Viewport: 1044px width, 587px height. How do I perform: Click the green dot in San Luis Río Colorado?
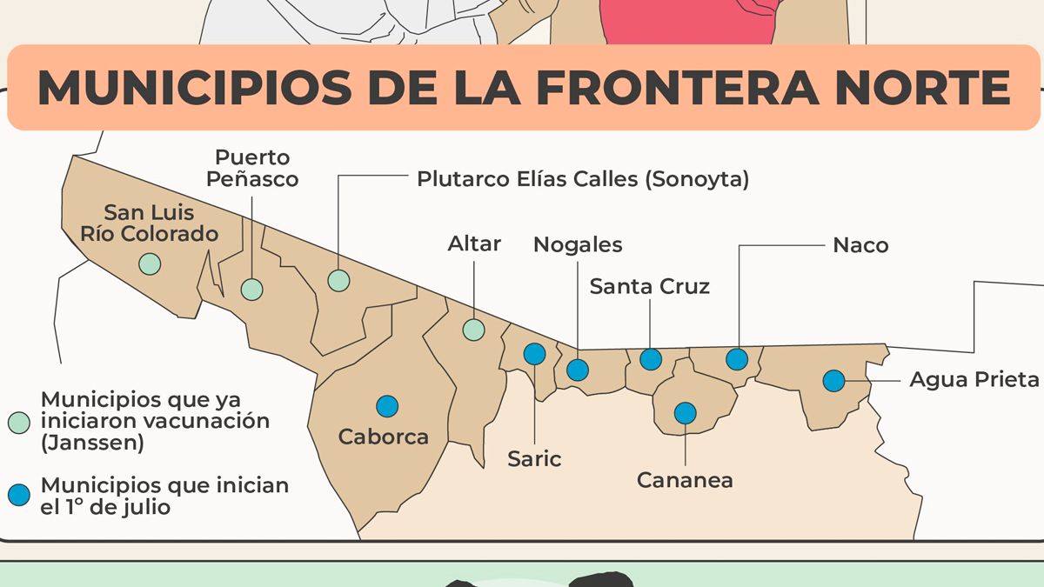pyautogui.click(x=150, y=263)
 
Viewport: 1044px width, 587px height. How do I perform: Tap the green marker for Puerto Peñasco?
pyautogui.click(x=251, y=290)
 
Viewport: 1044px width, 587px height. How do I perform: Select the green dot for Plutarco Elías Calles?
pyautogui.click(x=338, y=280)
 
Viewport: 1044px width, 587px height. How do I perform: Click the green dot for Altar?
pyautogui.click(x=473, y=330)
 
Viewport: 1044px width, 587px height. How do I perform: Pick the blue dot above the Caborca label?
pyautogui.click(x=387, y=405)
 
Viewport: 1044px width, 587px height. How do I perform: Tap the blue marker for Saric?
pyautogui.click(x=534, y=354)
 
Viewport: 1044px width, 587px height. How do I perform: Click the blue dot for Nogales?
pyautogui.click(x=578, y=370)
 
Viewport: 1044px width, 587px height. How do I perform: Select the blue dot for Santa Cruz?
pyautogui.click(x=651, y=359)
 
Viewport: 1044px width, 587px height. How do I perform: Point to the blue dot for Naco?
pyautogui.click(x=737, y=358)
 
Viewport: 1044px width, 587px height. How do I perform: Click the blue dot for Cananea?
pyautogui.click(x=686, y=412)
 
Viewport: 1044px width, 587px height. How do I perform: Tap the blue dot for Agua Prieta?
pyautogui.click(x=833, y=380)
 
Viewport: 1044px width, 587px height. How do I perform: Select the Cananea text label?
pyautogui.click(x=685, y=480)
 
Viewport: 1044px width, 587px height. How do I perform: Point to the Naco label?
pyautogui.click(x=860, y=245)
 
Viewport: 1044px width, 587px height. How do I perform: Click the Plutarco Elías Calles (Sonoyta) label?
pyautogui.click(x=582, y=179)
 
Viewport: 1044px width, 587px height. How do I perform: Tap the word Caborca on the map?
pyautogui.click(x=384, y=437)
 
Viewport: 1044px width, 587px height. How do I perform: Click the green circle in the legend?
pyautogui.click(x=19, y=421)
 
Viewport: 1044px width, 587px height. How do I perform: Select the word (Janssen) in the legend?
pyautogui.click(x=92, y=442)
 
